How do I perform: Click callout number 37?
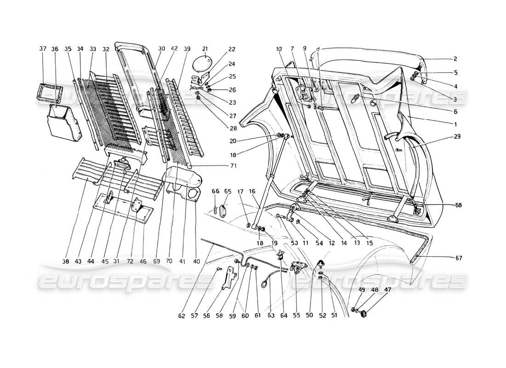43,48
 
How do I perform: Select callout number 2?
455,59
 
